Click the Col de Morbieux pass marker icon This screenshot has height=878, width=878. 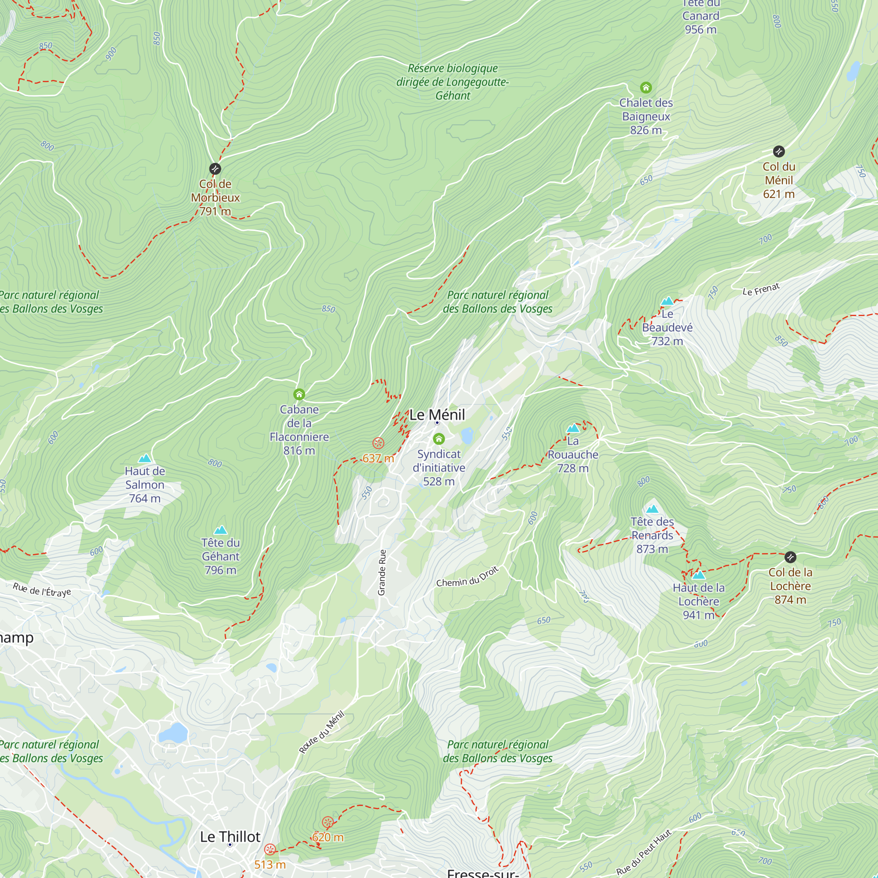(x=215, y=169)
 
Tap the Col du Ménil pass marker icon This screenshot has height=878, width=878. (x=778, y=151)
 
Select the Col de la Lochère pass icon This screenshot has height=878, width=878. (x=790, y=557)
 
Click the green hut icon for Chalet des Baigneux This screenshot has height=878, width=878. (x=646, y=87)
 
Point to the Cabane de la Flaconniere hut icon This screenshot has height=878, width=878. (x=299, y=394)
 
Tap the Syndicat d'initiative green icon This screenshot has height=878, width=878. (x=439, y=439)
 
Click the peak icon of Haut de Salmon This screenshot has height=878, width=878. (x=144, y=458)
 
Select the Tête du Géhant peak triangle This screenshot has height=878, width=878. (x=220, y=530)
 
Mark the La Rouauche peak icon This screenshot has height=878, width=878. (x=572, y=428)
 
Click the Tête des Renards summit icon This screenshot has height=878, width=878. (x=652, y=509)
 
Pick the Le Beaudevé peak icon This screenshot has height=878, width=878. (x=667, y=301)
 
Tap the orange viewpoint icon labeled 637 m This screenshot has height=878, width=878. (x=378, y=443)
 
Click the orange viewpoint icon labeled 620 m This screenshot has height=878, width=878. (x=327, y=822)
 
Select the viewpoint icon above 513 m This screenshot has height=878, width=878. (x=270, y=849)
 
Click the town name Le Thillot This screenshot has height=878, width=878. (x=230, y=837)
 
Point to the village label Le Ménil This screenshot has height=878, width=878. (x=437, y=414)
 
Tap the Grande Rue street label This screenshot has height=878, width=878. (x=382, y=572)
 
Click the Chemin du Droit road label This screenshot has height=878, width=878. (x=467, y=576)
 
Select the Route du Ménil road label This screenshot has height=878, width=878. (x=322, y=732)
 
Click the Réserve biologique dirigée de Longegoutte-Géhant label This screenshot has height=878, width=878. (x=453, y=82)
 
